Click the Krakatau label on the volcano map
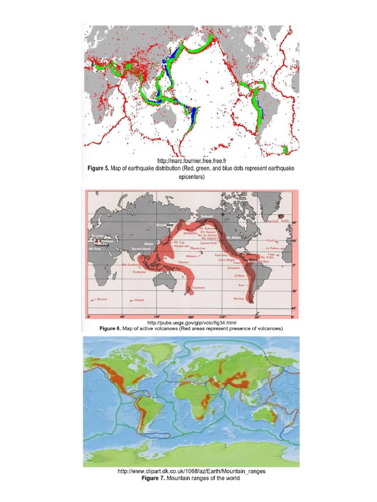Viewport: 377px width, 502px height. pyautogui.click(x=140, y=272)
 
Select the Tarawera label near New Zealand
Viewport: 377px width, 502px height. pyautogui.click(x=198, y=288)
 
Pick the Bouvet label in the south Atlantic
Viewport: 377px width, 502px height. pyautogui.click(x=102, y=298)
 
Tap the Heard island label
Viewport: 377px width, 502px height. pyautogui.click(x=139, y=300)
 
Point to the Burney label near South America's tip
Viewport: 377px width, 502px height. pyautogui.click(x=239, y=298)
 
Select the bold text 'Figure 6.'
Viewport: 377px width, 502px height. pyautogui.click(x=110, y=328)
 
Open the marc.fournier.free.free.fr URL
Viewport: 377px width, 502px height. pyautogui.click(x=191, y=161)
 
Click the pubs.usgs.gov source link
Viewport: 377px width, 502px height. pyautogui.click(x=192, y=323)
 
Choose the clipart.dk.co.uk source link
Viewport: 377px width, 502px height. pyautogui.click(x=191, y=471)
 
